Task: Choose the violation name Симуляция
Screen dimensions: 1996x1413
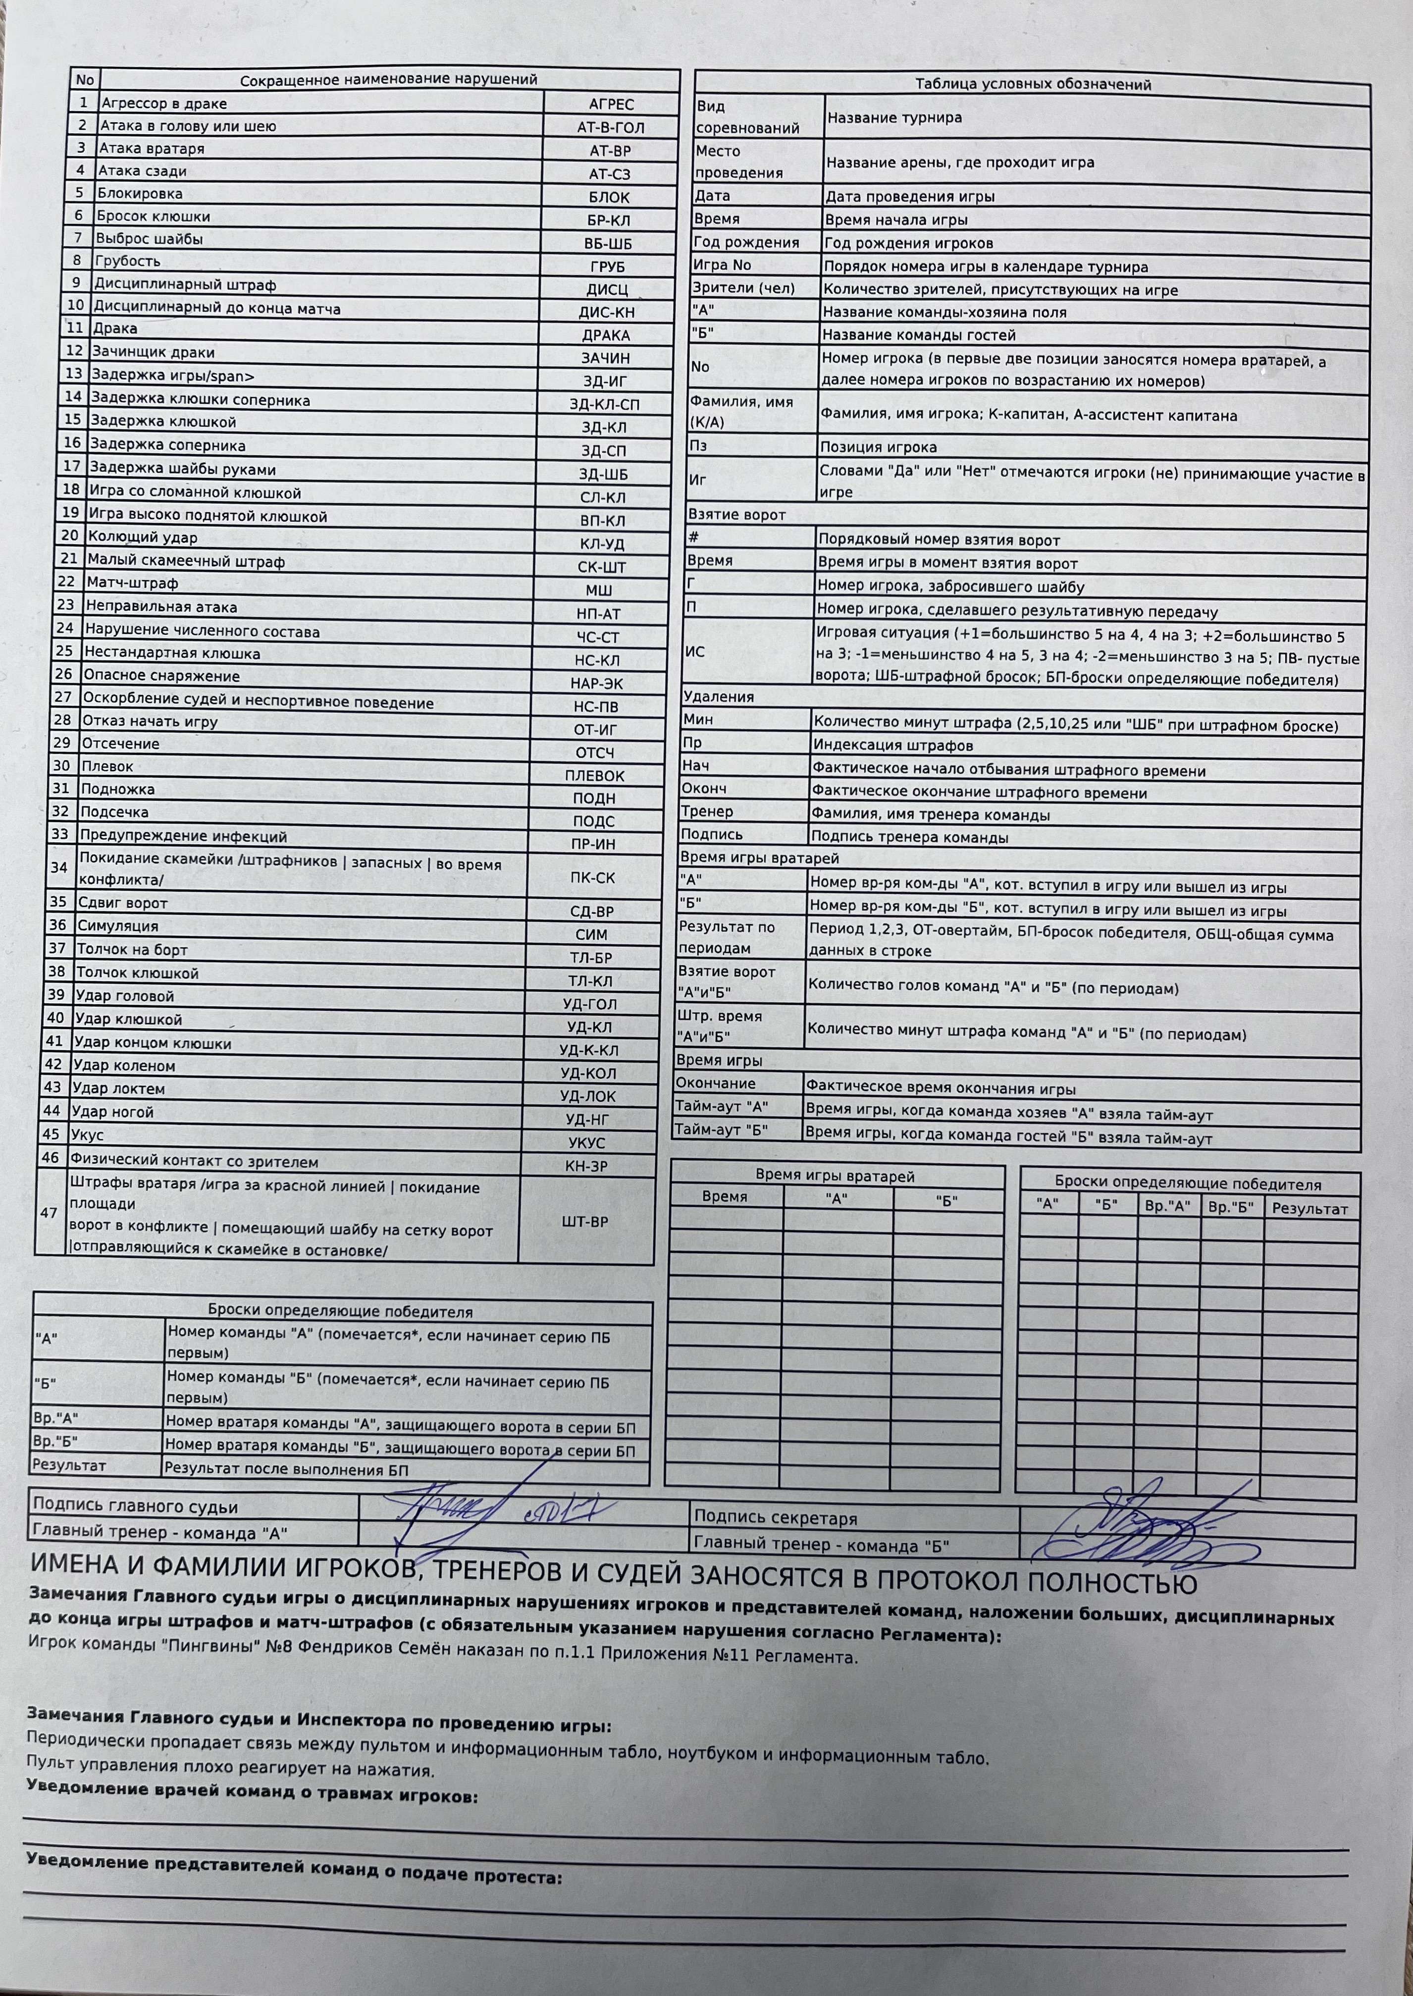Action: click(x=117, y=926)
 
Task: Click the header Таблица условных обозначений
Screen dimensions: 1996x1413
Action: click(x=1033, y=84)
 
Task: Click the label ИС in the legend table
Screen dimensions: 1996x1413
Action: click(x=695, y=651)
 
